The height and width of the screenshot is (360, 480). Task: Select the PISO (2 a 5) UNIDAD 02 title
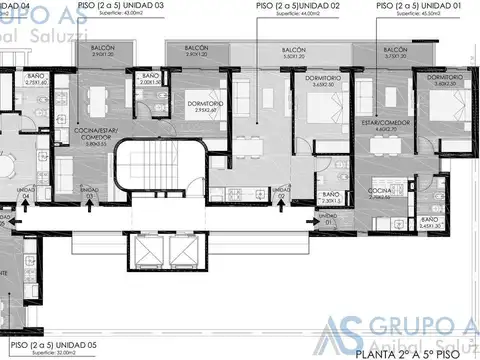298,6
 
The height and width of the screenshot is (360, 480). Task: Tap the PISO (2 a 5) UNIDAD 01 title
420,6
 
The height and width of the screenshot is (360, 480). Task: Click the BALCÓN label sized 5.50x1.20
293,52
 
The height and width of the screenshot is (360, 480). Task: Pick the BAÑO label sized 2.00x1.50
151,79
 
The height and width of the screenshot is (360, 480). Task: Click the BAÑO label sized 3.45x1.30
430,223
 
